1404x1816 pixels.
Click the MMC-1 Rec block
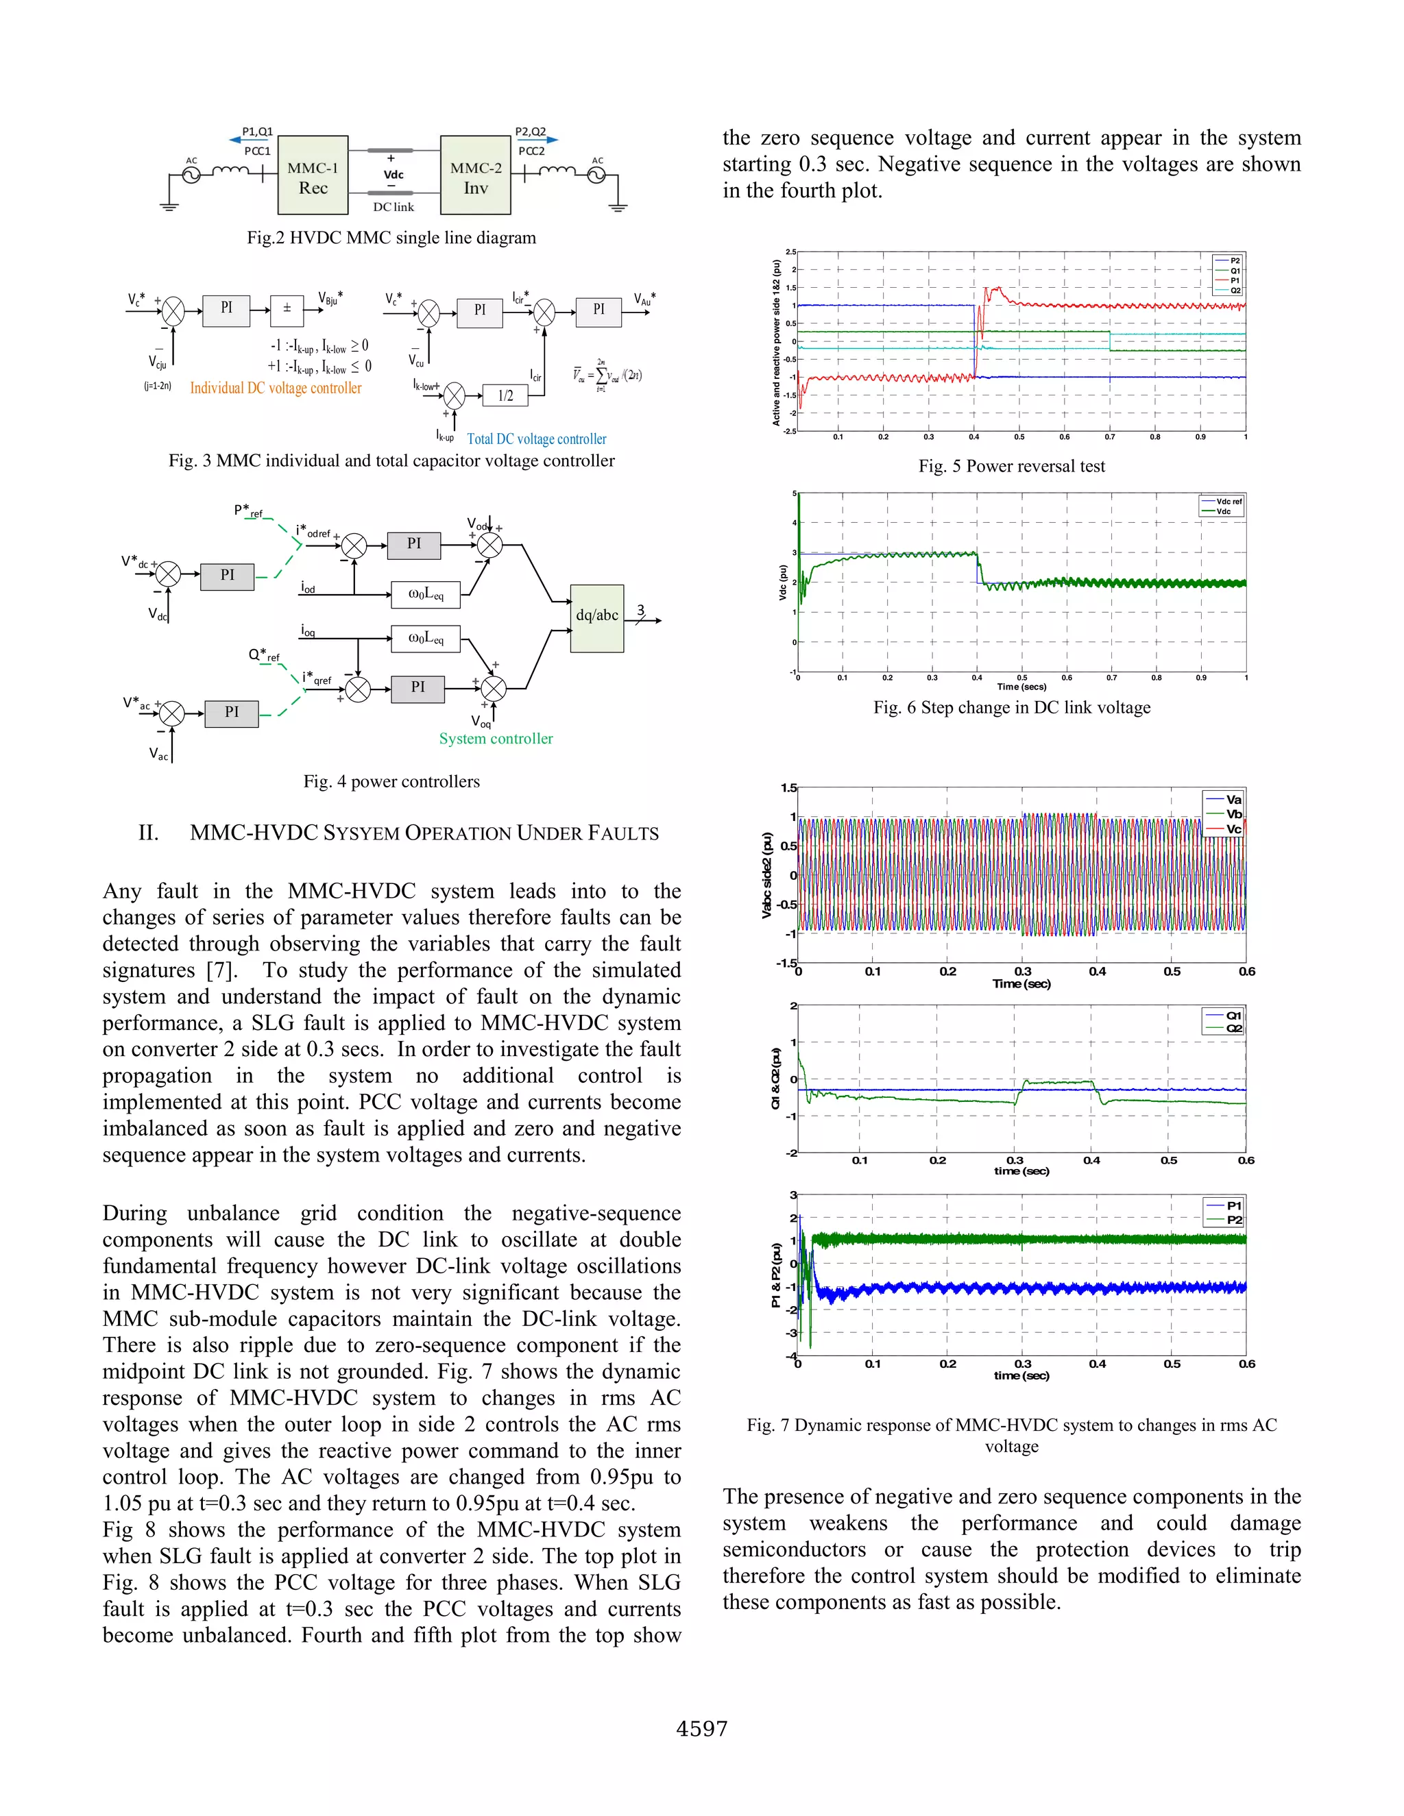pos(313,175)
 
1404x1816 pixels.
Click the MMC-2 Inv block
pos(475,175)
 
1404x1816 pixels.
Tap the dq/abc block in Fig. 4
pos(596,616)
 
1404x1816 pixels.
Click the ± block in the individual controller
pos(287,308)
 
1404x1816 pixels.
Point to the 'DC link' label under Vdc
pos(394,207)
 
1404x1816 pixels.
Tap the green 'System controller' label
pos(496,738)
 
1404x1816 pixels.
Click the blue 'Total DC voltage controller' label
pos(537,439)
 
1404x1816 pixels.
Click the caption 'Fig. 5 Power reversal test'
pos(1011,467)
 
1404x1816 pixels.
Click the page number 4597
pos(702,1729)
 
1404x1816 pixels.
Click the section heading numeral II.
pos(148,833)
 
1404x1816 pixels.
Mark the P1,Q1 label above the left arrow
pos(257,132)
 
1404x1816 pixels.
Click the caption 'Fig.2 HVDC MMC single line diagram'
pos(391,238)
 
